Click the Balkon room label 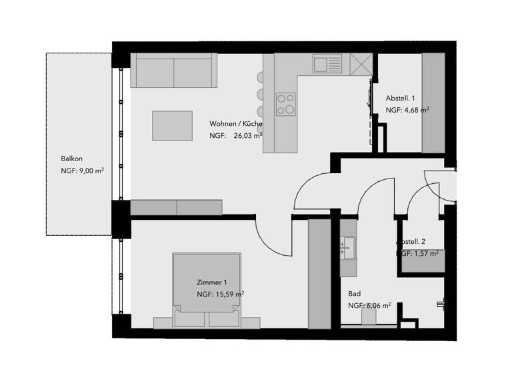(71, 158)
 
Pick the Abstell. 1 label (401, 98)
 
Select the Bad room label (355, 294)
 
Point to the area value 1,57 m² (422, 254)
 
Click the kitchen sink (327, 64)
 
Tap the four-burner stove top (286, 103)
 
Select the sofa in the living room (174, 71)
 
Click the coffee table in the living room (172, 125)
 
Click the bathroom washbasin (348, 248)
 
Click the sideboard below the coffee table (176, 207)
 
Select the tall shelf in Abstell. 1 (433, 103)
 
